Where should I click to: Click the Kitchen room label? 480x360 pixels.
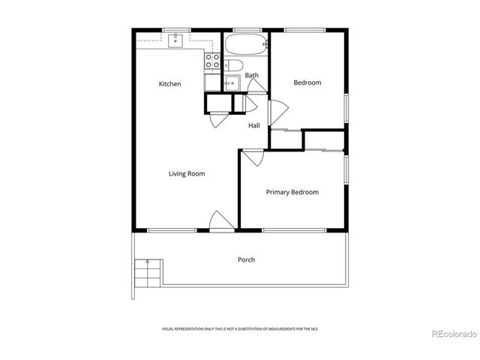169,84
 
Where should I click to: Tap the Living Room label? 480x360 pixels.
186,174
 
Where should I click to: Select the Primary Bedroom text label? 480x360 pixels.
292,192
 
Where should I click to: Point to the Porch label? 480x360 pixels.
246,259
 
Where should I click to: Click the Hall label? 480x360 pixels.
254,125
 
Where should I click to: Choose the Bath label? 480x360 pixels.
251,75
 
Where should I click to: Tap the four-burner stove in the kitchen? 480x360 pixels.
211,61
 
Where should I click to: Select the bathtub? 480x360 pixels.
247,43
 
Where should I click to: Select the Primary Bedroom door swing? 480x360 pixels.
251,157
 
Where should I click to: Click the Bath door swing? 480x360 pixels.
255,85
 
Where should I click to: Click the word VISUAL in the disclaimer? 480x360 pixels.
169,329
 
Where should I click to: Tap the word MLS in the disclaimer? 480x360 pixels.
313,329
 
